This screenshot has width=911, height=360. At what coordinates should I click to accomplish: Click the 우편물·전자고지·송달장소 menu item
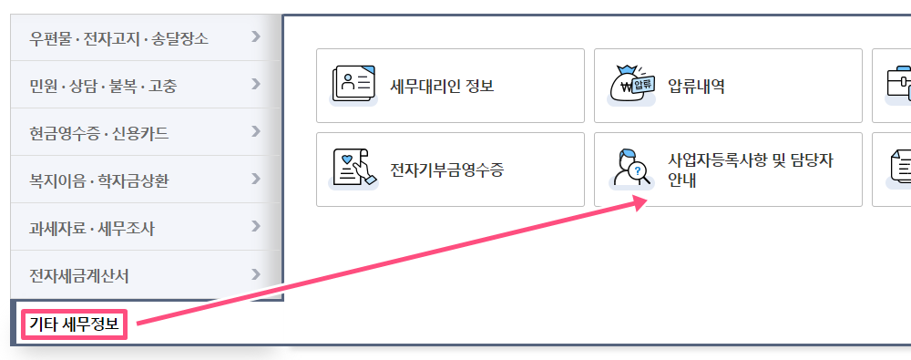pyautogui.click(x=119, y=38)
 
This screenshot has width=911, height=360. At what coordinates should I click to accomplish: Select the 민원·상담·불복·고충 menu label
pyautogui.click(x=104, y=86)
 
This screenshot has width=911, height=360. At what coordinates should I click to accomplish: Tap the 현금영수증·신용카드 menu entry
pyautogui.click(x=99, y=133)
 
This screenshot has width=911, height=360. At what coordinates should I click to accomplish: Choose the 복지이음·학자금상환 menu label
pyautogui.click(x=99, y=180)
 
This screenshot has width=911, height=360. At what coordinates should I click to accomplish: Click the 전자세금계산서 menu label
pyautogui.click(x=79, y=275)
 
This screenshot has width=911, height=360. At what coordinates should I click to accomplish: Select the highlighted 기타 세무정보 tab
pyautogui.click(x=75, y=324)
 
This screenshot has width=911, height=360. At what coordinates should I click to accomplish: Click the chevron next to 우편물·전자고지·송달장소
pyautogui.click(x=256, y=37)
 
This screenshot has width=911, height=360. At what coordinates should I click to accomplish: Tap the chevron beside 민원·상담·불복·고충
pyautogui.click(x=256, y=85)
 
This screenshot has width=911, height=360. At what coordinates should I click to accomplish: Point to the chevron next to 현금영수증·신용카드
pyautogui.click(x=256, y=132)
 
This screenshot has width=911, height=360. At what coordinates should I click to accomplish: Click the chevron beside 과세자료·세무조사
pyautogui.click(x=256, y=227)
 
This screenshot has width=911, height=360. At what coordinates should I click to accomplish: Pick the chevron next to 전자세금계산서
pyautogui.click(x=256, y=274)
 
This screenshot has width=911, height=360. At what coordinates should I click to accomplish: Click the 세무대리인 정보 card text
pyautogui.click(x=442, y=87)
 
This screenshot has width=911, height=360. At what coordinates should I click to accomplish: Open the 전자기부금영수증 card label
pyautogui.click(x=446, y=170)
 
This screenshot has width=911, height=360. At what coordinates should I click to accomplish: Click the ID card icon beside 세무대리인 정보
pyautogui.click(x=353, y=85)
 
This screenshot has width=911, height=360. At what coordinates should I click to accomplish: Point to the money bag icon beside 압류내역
pyautogui.click(x=631, y=85)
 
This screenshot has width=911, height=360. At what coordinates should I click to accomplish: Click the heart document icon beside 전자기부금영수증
pyautogui.click(x=353, y=169)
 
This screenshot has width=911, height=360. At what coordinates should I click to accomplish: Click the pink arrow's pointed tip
pyautogui.click(x=648, y=200)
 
